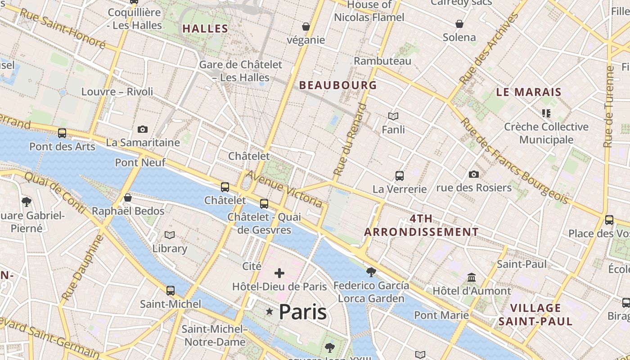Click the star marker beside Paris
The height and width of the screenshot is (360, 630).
[270, 311]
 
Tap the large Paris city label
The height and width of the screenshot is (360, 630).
[303, 312]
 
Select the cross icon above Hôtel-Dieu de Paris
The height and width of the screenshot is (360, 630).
[279, 273]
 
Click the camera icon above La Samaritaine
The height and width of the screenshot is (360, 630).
[143, 130]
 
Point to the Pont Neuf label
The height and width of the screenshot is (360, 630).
[140, 162]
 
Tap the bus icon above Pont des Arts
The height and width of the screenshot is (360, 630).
[62, 133]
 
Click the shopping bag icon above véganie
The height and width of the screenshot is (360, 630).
[306, 27]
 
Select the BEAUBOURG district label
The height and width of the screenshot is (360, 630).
[338, 85]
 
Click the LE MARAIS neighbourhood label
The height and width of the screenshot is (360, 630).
[529, 92]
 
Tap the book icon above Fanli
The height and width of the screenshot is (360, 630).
[393, 117]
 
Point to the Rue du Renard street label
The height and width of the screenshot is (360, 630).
[350, 139]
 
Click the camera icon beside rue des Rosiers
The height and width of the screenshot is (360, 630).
[473, 175]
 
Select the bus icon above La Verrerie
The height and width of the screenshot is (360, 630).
[399, 176]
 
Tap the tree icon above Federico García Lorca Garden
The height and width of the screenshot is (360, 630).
[371, 272]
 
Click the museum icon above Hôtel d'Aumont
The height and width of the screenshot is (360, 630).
[472, 278]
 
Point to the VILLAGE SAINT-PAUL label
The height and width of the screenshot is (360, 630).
[535, 315]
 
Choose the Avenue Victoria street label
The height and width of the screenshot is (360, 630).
[284, 189]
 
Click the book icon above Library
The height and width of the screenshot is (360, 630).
[170, 235]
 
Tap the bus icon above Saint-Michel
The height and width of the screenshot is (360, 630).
[170, 291]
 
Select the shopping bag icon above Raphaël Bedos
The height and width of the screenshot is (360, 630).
[128, 198]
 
